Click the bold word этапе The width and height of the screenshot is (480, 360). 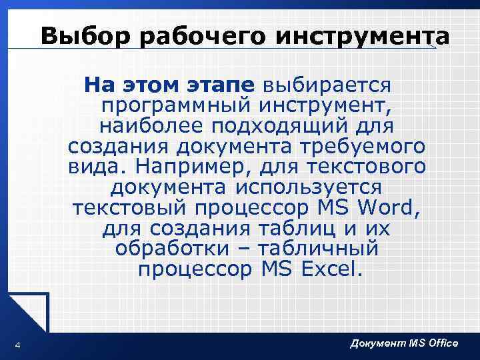[x=221, y=85]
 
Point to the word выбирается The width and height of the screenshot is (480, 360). [x=327, y=85]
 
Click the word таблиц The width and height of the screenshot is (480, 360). [x=297, y=228]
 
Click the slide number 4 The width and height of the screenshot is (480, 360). [x=17, y=344]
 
